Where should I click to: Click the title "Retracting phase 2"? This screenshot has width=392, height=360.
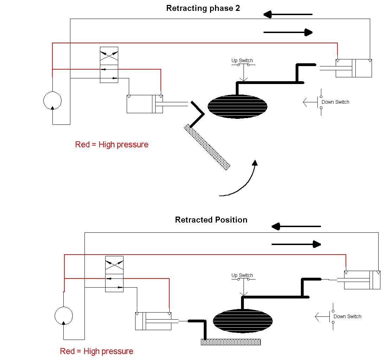click(x=203, y=8)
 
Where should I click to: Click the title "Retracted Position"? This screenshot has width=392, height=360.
click(x=211, y=220)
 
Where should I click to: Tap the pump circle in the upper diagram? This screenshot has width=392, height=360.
click(x=52, y=100)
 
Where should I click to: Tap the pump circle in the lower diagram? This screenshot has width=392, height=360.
click(x=64, y=315)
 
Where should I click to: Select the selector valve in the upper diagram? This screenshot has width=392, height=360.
click(x=109, y=65)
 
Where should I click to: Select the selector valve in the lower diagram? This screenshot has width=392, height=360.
click(x=114, y=274)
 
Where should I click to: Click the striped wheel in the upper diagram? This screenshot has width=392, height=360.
click(x=238, y=106)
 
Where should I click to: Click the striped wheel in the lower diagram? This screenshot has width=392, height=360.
click(x=243, y=321)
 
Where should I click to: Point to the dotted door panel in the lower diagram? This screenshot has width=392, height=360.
click(x=231, y=342)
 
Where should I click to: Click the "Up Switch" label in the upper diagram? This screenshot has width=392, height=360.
click(x=242, y=61)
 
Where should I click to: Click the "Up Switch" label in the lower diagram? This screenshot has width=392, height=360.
click(x=242, y=275)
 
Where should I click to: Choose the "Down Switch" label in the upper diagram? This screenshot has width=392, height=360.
click(x=335, y=102)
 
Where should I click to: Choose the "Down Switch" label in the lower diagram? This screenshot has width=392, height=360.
click(x=347, y=316)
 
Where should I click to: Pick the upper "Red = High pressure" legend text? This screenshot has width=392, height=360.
click(x=112, y=144)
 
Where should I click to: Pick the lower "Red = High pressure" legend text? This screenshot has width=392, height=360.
click(x=96, y=351)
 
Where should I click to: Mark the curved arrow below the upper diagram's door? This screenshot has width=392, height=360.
click(x=243, y=183)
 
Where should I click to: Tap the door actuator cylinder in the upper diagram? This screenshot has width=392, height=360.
click(x=145, y=104)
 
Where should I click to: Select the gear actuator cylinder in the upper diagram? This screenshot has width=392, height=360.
click(x=354, y=68)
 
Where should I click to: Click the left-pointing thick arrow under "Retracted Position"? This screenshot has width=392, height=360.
click(x=296, y=226)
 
